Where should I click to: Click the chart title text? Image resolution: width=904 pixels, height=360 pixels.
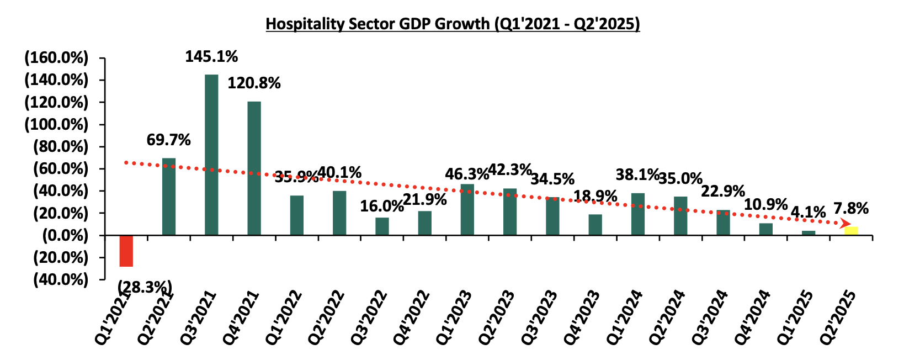tap(453, 24)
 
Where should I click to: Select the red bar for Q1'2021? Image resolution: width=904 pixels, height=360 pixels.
tap(126, 251)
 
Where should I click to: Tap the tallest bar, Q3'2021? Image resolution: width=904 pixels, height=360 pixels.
tap(211, 155)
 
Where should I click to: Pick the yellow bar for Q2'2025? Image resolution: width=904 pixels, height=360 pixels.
tap(851, 231)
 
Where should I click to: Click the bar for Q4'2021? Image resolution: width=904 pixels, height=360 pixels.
tap(254, 168)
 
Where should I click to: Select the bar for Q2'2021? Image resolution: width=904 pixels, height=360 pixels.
tap(169, 197)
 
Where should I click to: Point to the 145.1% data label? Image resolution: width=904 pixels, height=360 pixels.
tap(211, 56)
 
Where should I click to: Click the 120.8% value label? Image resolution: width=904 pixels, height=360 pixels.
tap(254, 83)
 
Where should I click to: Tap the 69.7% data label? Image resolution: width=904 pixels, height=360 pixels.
tap(168, 140)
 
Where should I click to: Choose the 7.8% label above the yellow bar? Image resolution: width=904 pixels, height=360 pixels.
tap(851, 209)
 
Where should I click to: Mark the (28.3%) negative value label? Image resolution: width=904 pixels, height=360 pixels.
tap(145, 287)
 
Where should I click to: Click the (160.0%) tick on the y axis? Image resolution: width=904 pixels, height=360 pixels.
tap(56, 58)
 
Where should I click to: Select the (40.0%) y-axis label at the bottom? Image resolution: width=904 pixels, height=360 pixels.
tap(60, 280)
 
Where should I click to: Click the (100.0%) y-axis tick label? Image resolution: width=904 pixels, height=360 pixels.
tap(56, 125)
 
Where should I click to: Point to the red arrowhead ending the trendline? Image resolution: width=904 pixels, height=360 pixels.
tap(844, 224)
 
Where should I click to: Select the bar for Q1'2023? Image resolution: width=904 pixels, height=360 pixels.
tap(467, 210)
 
